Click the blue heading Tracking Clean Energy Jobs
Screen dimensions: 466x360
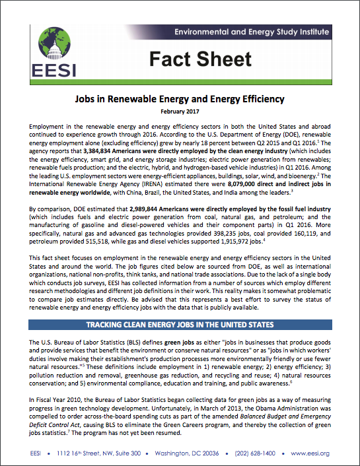click(180, 325)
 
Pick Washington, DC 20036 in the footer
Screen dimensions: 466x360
click(190, 453)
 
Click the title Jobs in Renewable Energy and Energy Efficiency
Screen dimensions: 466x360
click(180, 99)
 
